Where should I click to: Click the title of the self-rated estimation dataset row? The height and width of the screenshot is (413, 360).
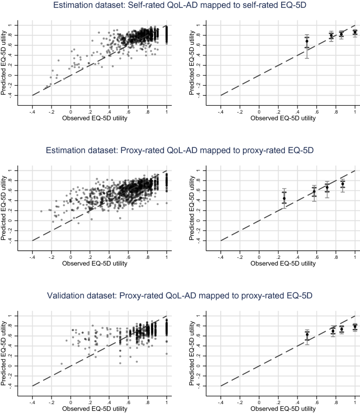coord(180,6)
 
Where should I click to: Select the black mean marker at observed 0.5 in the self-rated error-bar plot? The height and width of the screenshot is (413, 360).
coord(307,41)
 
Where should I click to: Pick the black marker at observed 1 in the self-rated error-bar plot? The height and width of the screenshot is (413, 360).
coord(355,32)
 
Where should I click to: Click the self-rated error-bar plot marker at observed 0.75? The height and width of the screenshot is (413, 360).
coord(331,36)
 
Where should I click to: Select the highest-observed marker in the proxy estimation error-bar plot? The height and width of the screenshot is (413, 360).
coord(343,184)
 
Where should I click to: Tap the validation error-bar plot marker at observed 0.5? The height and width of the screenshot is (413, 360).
coord(307,334)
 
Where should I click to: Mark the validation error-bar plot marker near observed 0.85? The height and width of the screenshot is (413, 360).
coord(342,329)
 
